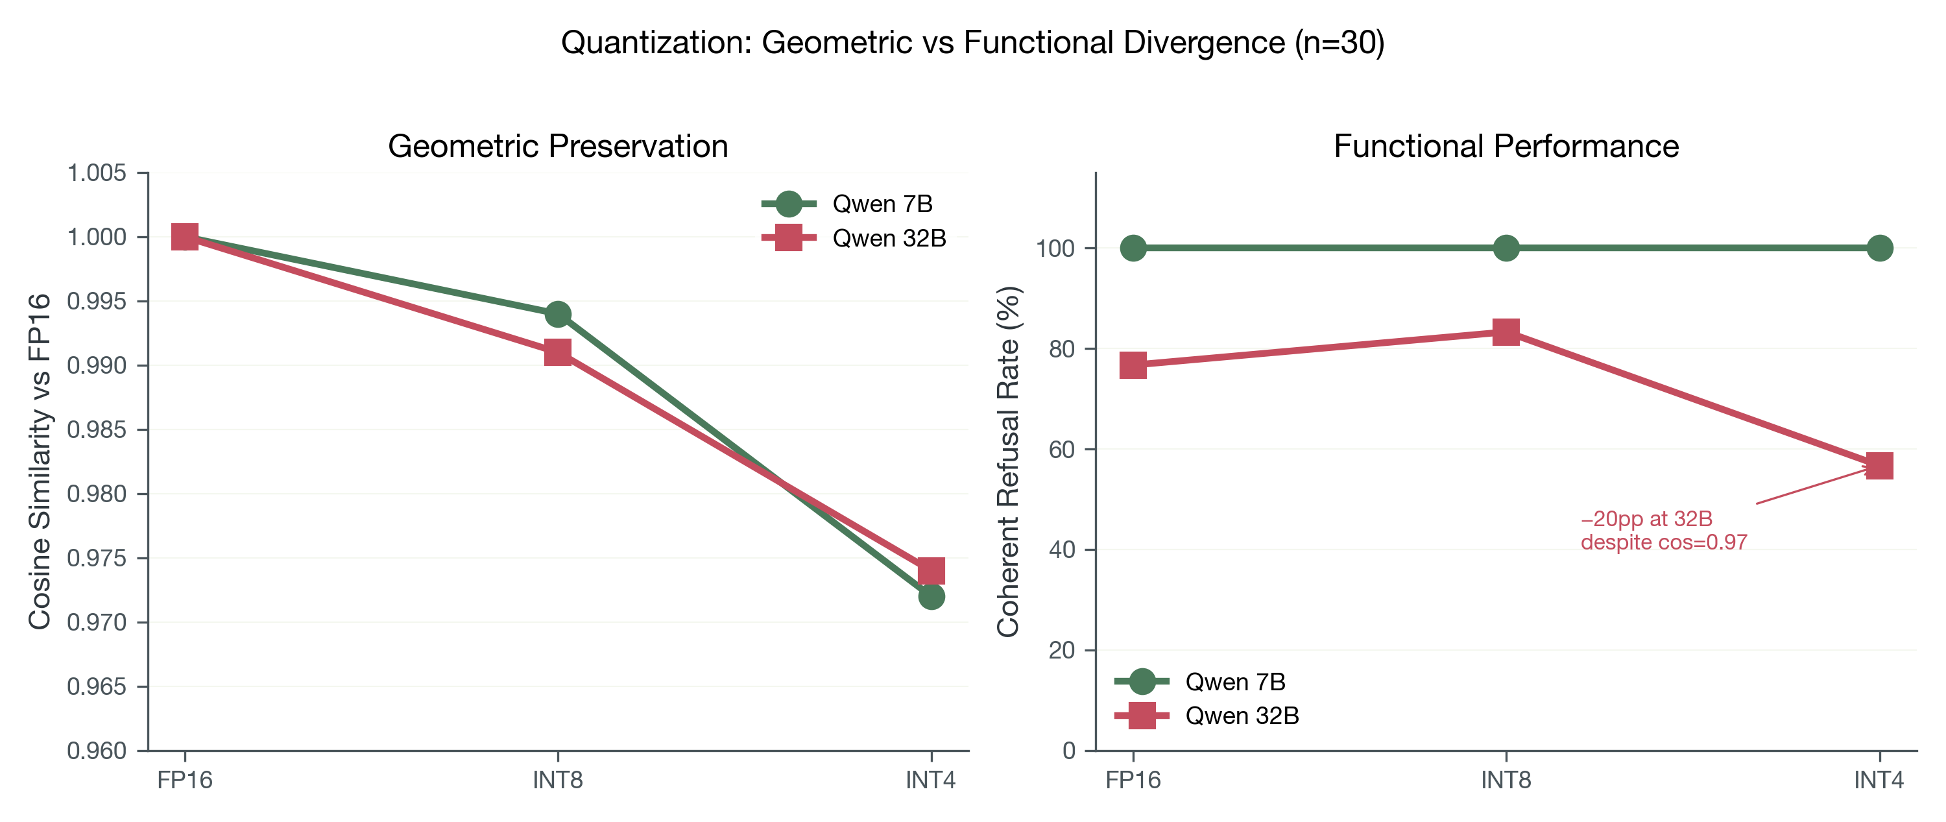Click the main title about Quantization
coord(972,42)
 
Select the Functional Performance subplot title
coord(1506,146)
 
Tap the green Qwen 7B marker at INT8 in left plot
coord(557,313)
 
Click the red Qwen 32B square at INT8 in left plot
coord(557,352)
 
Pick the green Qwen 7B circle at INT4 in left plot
coord(931,596)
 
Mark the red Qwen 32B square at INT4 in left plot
coord(931,570)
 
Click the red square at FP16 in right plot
coord(1133,365)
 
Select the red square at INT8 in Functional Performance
coord(1506,332)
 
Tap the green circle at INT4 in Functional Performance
coord(1880,248)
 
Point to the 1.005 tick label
coord(97,173)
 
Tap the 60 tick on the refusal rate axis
coord(1061,450)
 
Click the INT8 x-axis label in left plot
coord(557,780)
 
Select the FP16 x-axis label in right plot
coord(1133,780)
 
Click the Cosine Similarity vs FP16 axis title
coord(40,461)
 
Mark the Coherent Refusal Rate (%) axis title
coord(1008,461)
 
